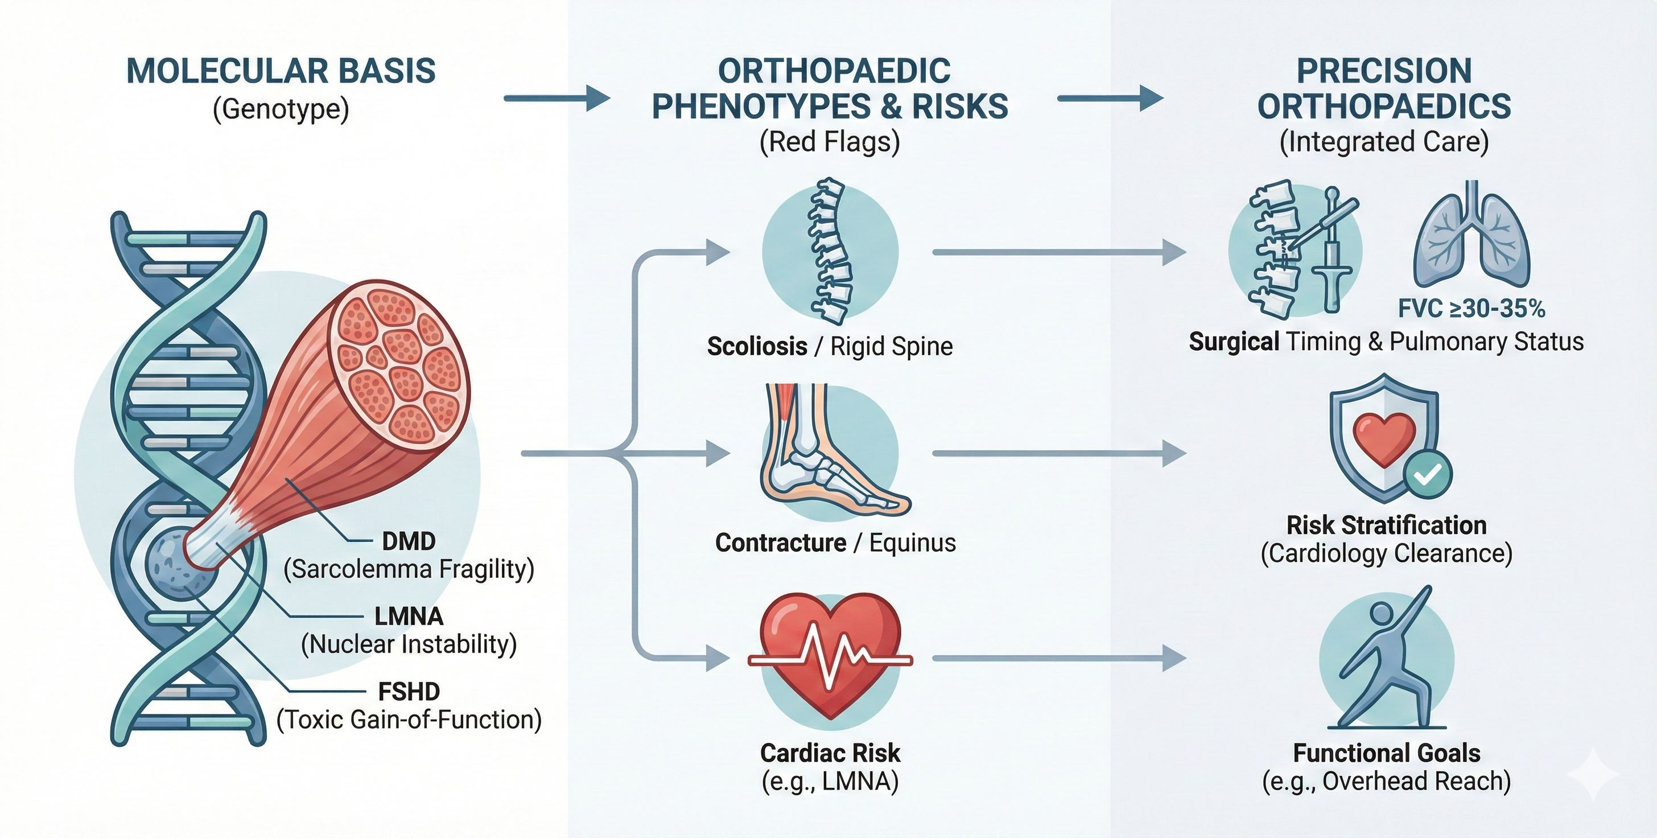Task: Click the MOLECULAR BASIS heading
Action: tap(281, 71)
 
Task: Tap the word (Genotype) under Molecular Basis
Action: tap(281, 109)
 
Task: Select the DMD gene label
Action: tap(409, 541)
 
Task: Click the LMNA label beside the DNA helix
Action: tap(409, 617)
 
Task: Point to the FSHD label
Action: tap(409, 692)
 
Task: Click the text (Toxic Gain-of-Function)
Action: tap(409, 720)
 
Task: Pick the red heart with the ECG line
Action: tap(830, 656)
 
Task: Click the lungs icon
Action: tap(1471, 238)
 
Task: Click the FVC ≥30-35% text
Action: tap(1471, 309)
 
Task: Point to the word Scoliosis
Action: tap(757, 346)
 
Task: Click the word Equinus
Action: tap(912, 543)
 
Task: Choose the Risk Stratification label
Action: tap(1386, 525)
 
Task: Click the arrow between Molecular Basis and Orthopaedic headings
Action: tap(557, 98)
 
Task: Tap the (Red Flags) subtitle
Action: tap(830, 142)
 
